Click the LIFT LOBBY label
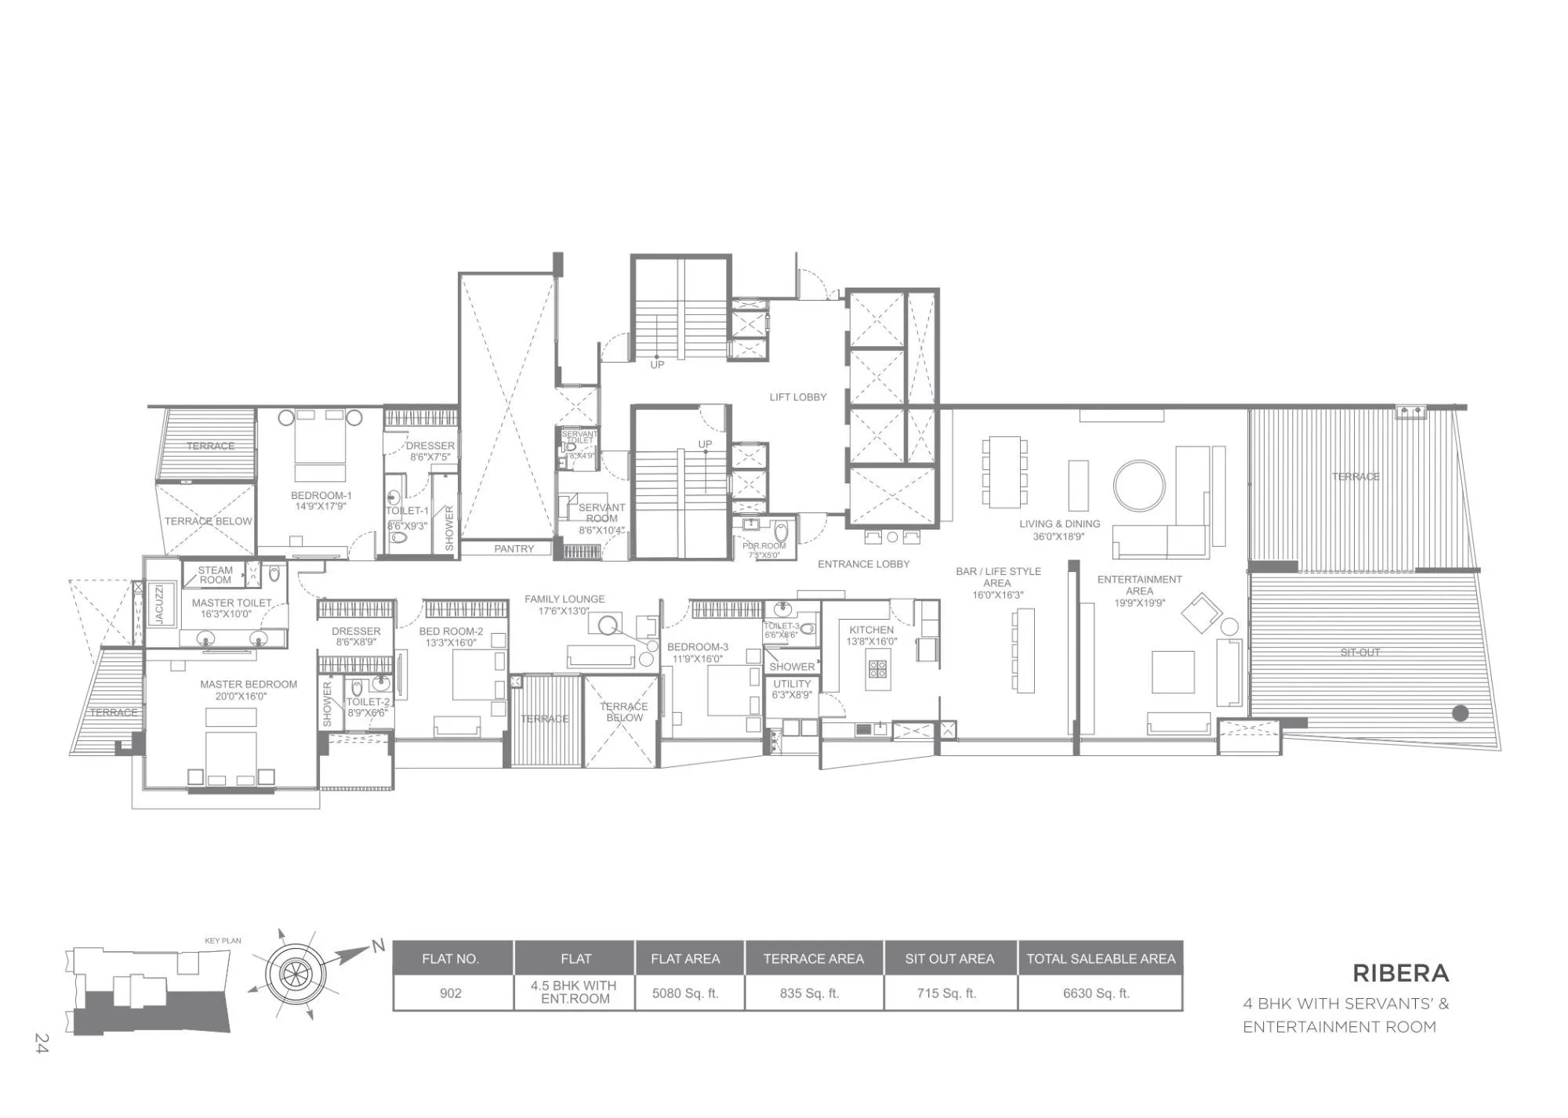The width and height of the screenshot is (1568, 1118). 797,397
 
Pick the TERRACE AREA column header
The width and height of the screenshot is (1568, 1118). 813,959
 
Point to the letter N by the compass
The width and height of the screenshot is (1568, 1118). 379,946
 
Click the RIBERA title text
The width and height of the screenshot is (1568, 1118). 1400,973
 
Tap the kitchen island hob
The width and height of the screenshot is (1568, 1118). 877,668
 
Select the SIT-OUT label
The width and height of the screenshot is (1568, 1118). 1359,653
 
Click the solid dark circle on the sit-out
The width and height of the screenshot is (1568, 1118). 1460,713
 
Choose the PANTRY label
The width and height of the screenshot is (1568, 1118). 514,549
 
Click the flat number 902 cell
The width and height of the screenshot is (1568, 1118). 451,993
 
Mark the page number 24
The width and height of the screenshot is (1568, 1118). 42,1043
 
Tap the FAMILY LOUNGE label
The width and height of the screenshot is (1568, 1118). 564,599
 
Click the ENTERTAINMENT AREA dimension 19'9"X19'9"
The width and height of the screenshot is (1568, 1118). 1139,602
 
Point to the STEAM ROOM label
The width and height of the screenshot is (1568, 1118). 215,575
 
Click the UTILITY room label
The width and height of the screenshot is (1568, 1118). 792,684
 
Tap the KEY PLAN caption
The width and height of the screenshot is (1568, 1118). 223,941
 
